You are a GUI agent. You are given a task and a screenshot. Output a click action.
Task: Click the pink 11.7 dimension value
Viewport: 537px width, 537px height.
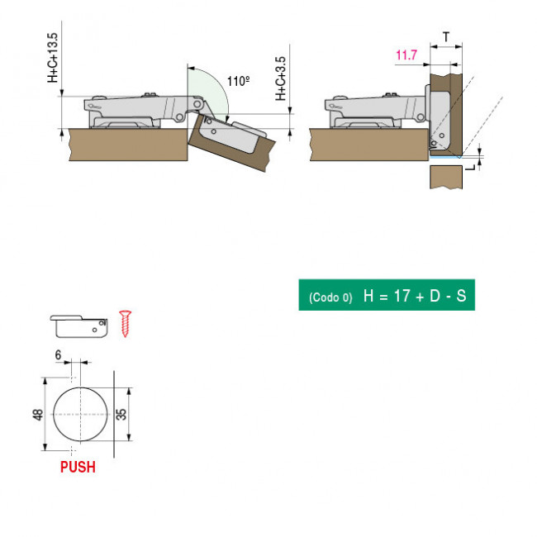point(406,55)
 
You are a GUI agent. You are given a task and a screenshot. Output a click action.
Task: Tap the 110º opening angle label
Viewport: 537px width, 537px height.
point(239,81)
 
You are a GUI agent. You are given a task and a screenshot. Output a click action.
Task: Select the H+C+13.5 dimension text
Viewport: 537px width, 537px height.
point(52,58)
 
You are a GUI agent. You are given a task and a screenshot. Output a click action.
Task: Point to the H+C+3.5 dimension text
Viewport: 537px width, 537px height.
point(281,78)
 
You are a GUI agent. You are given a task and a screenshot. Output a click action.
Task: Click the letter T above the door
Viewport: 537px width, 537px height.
point(446,36)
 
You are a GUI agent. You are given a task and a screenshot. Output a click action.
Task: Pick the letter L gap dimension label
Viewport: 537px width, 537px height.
point(471,168)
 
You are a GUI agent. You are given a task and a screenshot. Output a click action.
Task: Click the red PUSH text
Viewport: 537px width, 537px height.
point(78,467)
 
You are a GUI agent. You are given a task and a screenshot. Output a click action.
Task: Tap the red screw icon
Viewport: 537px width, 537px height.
point(125,324)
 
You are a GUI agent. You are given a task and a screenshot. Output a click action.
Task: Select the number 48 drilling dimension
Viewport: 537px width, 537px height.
point(38,415)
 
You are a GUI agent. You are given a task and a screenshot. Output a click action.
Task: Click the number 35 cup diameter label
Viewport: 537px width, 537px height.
point(121,415)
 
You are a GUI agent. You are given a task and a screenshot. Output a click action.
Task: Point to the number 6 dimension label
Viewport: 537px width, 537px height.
point(58,355)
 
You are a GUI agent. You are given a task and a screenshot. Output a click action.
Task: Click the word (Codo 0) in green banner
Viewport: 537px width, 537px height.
point(330,297)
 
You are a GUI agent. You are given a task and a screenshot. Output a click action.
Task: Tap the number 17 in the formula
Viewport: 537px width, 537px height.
point(402,296)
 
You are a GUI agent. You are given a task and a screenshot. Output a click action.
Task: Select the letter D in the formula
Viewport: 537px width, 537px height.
point(435,296)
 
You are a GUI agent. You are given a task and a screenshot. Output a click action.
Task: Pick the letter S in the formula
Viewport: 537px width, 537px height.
point(461,296)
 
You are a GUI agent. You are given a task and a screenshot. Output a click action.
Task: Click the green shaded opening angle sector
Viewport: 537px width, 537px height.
point(207,92)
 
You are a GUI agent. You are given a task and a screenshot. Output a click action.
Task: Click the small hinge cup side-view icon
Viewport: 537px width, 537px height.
point(78,326)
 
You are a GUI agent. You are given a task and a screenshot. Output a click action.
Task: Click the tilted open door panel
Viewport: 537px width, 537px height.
point(232,143)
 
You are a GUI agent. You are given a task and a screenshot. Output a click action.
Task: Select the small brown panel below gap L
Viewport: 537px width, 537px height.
point(446,177)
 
